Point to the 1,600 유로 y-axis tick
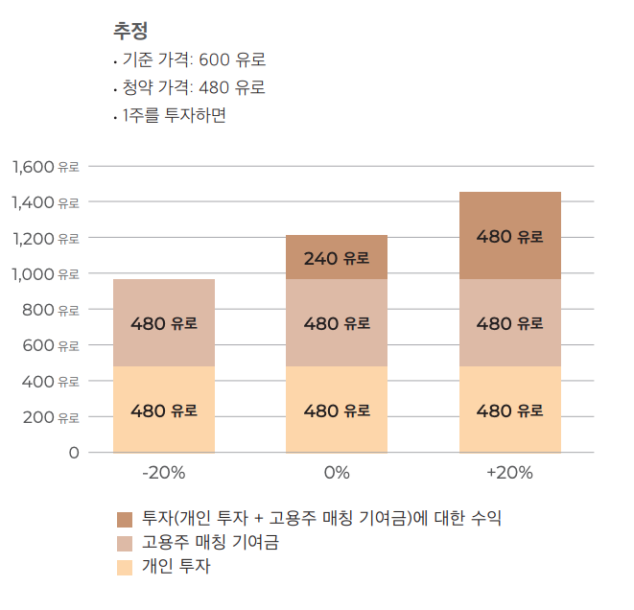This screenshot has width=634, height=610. point(45,167)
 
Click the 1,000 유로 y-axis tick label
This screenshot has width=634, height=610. point(45,274)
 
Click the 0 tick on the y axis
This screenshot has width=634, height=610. point(73,453)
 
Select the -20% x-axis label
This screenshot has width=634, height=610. point(163,473)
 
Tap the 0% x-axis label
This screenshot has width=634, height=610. point(337,473)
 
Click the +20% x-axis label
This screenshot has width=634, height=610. point(509,473)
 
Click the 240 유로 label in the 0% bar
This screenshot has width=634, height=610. point(337,258)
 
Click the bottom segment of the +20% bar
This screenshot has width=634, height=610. point(509,432)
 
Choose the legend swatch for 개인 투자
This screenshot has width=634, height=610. point(125,567)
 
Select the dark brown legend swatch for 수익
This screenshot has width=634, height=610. point(125,519)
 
